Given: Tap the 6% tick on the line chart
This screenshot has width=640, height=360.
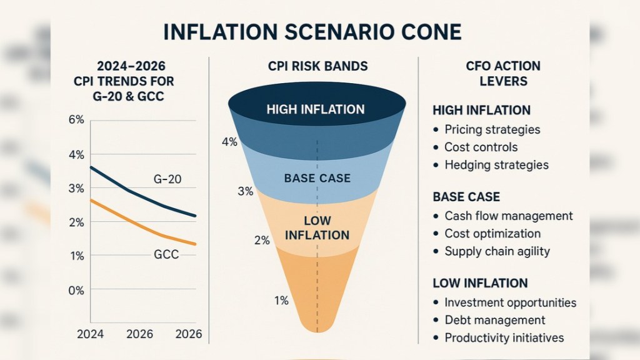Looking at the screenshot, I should [76, 120].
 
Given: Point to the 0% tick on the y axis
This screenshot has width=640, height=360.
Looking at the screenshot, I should [76, 291].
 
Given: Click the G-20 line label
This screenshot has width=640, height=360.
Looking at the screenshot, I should [167, 179].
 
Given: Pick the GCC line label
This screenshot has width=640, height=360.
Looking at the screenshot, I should [167, 254].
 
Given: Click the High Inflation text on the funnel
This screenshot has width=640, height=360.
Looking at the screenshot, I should [315, 109].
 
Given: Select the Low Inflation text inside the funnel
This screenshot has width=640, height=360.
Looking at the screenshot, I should [317, 228].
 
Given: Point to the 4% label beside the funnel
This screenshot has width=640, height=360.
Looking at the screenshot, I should [229, 142].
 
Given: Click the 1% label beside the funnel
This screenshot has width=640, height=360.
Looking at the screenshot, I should [281, 301].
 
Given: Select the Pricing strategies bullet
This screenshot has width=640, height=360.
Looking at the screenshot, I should [492, 130].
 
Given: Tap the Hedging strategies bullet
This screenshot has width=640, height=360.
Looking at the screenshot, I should [496, 165].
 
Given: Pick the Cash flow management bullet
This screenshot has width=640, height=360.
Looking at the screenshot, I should [508, 216].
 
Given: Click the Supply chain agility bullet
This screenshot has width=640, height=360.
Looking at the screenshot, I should [497, 251].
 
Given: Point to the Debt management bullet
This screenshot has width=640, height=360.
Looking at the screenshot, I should [494, 320].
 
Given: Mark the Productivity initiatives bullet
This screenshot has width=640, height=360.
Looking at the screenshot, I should [504, 337].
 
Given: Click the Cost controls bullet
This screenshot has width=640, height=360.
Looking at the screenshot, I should [481, 147].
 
